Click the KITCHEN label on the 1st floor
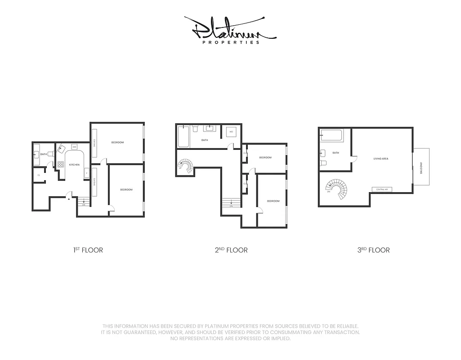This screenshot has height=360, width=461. [74, 165]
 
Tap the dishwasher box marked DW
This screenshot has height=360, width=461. [74, 147]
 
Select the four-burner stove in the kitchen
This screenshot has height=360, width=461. [60, 165]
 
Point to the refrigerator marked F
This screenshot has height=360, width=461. [86, 173]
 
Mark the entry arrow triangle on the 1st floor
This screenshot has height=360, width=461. [68, 200]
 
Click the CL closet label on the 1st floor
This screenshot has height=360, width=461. [39, 175]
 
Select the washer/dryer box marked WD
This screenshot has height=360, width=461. [231, 132]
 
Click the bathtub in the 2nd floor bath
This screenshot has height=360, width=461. [183, 137]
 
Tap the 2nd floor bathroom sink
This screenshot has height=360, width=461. [210, 129]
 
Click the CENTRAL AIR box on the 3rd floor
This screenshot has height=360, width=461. [382, 190]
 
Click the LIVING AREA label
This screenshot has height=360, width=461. [381, 159]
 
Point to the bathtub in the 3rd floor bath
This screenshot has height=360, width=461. [331, 135]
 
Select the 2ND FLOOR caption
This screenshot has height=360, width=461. [231, 250]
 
